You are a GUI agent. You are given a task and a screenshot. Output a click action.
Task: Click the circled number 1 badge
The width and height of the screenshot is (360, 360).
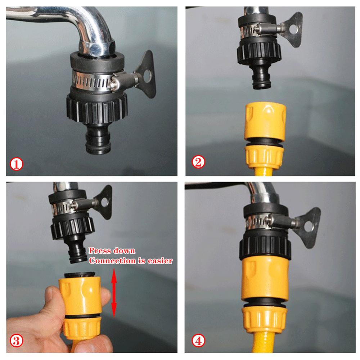click(x=16, y=165)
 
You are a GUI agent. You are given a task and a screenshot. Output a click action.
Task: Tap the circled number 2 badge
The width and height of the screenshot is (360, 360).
click(x=198, y=162)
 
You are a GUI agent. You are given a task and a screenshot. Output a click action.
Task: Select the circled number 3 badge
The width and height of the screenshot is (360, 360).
click(x=16, y=340)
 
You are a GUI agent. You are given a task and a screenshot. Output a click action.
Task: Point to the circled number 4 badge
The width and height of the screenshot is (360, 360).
click(x=198, y=340)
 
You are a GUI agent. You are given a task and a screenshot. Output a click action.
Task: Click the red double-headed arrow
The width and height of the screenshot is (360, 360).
click(x=114, y=293)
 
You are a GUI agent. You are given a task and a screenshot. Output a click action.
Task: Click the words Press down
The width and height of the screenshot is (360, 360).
click(x=112, y=251)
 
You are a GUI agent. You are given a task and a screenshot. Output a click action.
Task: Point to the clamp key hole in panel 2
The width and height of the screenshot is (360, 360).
click(x=294, y=28)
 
